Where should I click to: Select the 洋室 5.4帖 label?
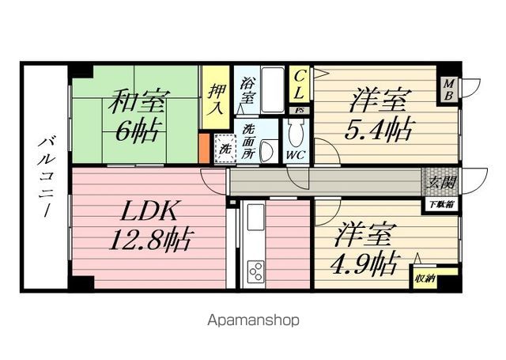pyautogui.click(x=378, y=116)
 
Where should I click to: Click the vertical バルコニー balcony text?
pyautogui.click(x=44, y=179)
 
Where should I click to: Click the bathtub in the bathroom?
pyautogui.click(x=271, y=91)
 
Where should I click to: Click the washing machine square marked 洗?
pyautogui.click(x=224, y=147)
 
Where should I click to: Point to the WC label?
pyautogui.click(x=296, y=154)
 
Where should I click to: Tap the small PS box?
pyautogui.click(x=298, y=111)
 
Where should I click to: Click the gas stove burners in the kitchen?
pyautogui.click(x=255, y=273)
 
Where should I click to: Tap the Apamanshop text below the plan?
pyautogui.click(x=254, y=321)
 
